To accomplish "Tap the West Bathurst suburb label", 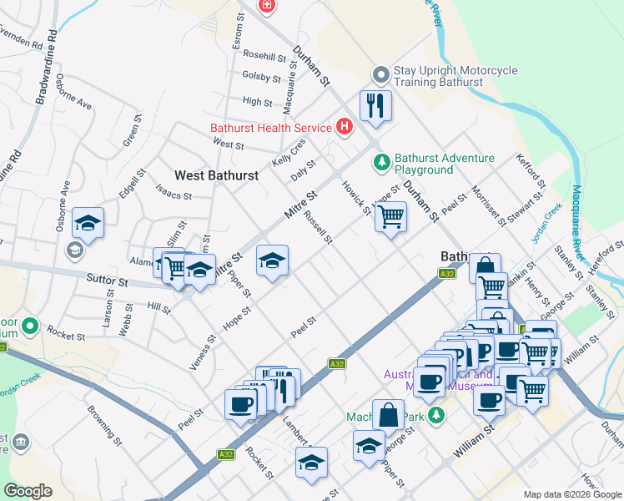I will coord(216,175).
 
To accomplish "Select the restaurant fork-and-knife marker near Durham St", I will coord(375,106).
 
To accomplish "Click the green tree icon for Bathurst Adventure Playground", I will coord(382,161).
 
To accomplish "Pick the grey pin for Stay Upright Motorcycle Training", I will coord(381,76).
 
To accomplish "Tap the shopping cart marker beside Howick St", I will coord(390,217).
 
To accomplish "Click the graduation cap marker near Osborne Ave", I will coord(88,223).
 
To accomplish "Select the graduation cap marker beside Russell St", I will coord(272,261).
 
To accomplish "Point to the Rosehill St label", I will coord(264,58).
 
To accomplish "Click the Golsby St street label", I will coord(262,78).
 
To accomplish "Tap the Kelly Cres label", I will coord(289,151).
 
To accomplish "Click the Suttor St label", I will coord(112,282).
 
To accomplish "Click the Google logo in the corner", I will coord(28,490).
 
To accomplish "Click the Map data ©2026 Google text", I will coord(571,493).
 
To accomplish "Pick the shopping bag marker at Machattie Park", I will coord(390,414).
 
